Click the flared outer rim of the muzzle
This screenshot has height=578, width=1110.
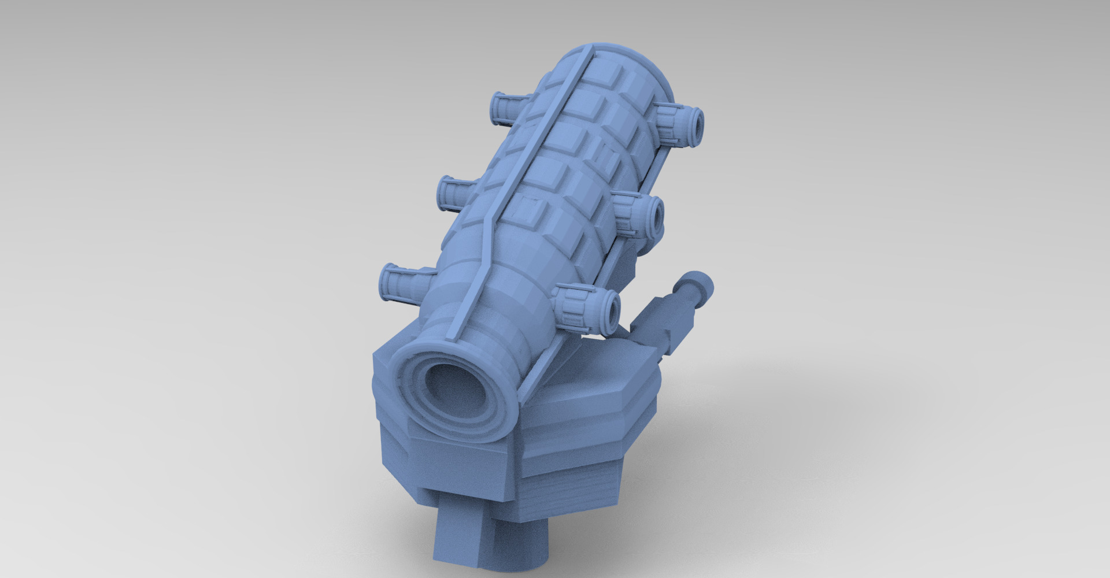pos(405,370)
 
